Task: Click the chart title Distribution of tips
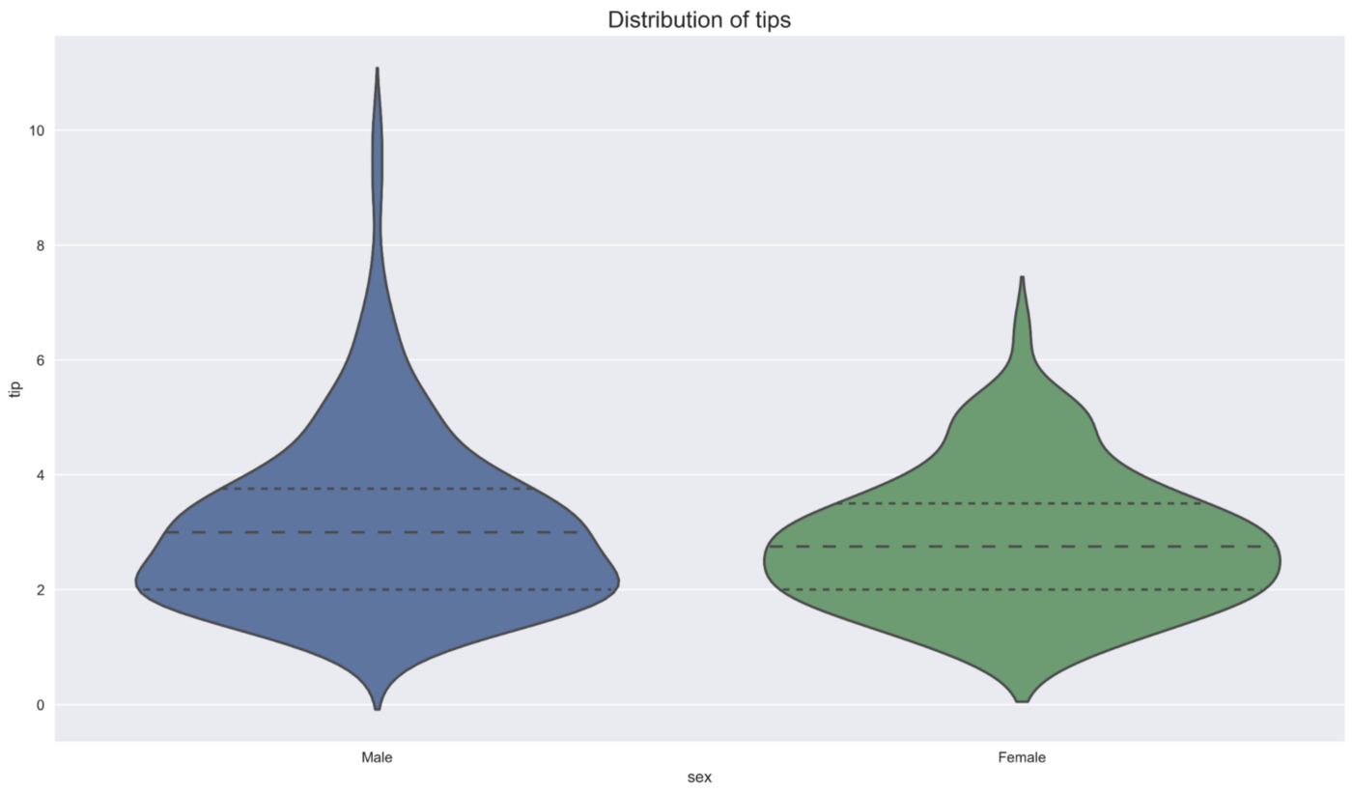[699, 19]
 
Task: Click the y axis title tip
[14, 388]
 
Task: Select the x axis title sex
[699, 778]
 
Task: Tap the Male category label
[377, 758]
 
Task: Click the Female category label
[1022, 758]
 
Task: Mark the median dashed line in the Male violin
[377, 532]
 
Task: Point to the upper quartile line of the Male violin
[377, 489]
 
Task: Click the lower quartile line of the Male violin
[377, 589]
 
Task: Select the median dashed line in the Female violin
[1022, 547]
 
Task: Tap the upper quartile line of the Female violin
[1022, 503]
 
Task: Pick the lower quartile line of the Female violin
[1022, 589]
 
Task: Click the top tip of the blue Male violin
[377, 70]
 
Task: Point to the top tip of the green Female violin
[1022, 277]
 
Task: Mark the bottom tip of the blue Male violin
[377, 709]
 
